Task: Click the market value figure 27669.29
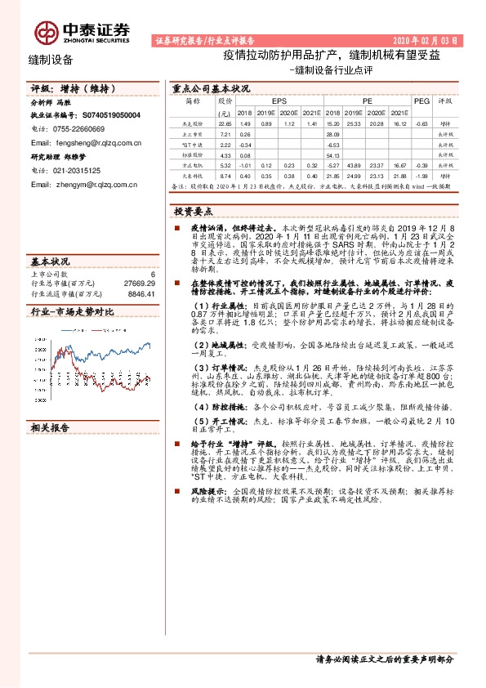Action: click(140, 283)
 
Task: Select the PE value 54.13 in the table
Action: click(332, 154)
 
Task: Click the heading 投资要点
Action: click(193, 211)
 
